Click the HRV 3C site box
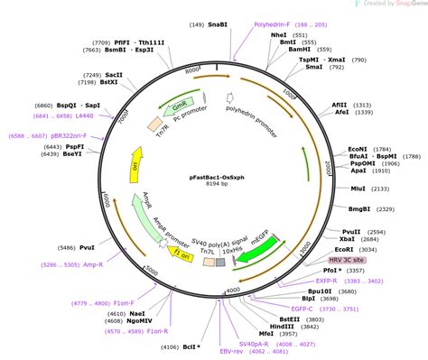[x=348, y=258]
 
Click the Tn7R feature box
[x=156, y=121]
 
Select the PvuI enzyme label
[x=87, y=247]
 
